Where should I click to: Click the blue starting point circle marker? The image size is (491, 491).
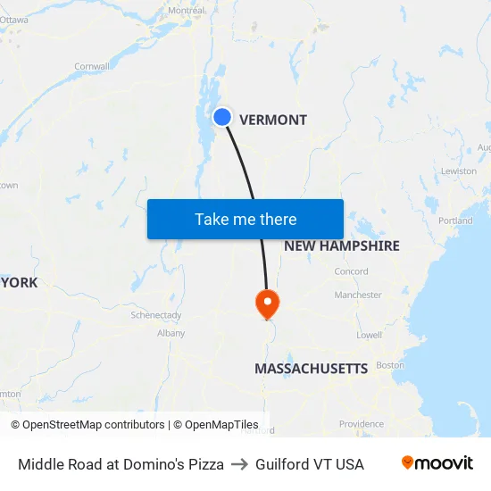222,117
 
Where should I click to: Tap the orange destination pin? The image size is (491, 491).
267,303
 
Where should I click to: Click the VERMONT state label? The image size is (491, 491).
273,120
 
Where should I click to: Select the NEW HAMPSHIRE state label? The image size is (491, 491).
341,245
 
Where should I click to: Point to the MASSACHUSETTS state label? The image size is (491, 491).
311,369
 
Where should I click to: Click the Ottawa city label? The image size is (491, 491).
14,19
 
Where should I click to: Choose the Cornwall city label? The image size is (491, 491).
91,66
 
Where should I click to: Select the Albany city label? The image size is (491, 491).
171,333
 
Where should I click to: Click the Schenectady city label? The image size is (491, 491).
156,315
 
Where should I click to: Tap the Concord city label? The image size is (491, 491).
351,271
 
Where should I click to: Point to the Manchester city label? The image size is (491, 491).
358,295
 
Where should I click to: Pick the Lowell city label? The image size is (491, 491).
369,335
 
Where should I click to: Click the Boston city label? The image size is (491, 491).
390,365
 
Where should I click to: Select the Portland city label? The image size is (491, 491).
455,221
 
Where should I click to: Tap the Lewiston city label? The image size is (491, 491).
459,171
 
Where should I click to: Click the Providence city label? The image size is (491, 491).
361,424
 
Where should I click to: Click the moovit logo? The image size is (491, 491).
437,463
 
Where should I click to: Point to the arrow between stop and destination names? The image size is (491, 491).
239,464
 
